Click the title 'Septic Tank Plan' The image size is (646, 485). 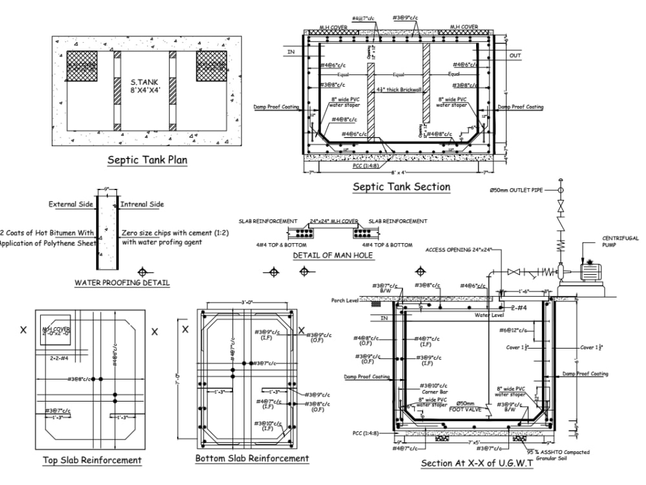pos(147,160)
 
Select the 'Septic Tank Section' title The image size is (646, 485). pos(401,187)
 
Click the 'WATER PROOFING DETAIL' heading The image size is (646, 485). pos(122,283)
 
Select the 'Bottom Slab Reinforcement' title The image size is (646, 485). pos(252,458)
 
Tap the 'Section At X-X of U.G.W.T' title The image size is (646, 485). pos(477,464)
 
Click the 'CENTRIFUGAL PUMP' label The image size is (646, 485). pos(620,242)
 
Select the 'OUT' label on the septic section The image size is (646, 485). pos(515,56)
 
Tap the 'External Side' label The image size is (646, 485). pos(71,204)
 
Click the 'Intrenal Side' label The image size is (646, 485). pos(142,204)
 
